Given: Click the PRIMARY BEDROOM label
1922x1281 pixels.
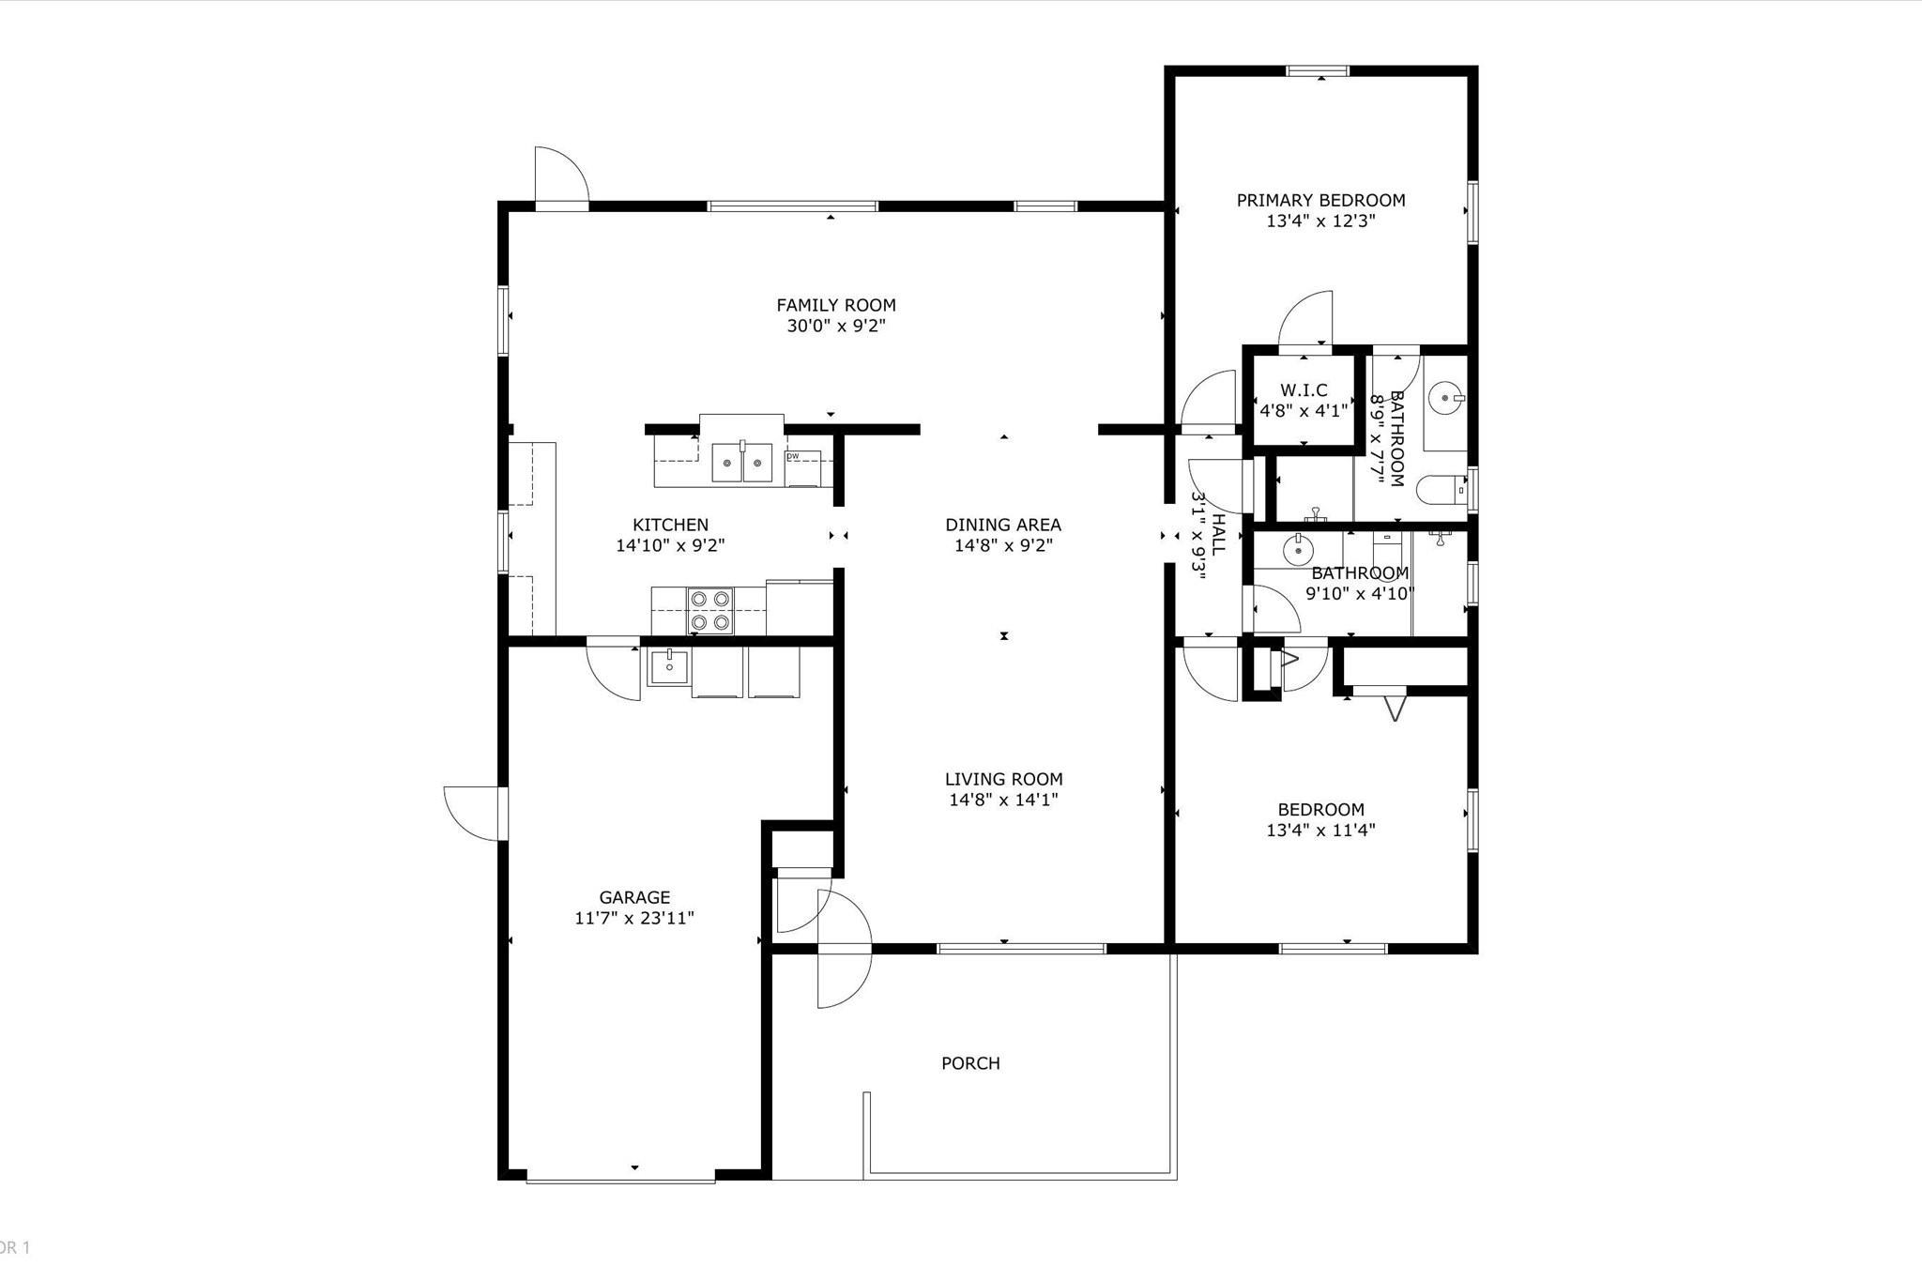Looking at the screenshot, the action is (x=1320, y=200).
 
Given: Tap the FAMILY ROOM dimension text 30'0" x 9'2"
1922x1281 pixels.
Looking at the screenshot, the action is (x=836, y=327).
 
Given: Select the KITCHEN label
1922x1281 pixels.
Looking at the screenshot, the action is (x=670, y=525).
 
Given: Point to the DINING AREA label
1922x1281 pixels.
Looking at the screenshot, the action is (x=1003, y=525).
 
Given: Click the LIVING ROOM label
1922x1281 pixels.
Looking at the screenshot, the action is (x=1003, y=779).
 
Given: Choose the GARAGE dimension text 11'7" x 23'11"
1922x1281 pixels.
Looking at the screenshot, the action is (x=634, y=918).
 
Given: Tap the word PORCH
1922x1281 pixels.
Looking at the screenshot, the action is (x=970, y=1063).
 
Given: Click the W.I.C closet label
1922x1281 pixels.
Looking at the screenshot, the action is (x=1304, y=390).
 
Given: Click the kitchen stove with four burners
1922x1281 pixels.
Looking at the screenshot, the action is (x=710, y=610).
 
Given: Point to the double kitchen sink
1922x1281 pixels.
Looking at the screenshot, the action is (x=742, y=463).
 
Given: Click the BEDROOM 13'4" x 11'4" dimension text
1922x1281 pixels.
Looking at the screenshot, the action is (x=1320, y=830).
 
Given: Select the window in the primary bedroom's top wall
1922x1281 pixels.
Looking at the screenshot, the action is (x=1318, y=70).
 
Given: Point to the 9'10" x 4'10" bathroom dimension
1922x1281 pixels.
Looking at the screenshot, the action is (x=1360, y=593).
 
